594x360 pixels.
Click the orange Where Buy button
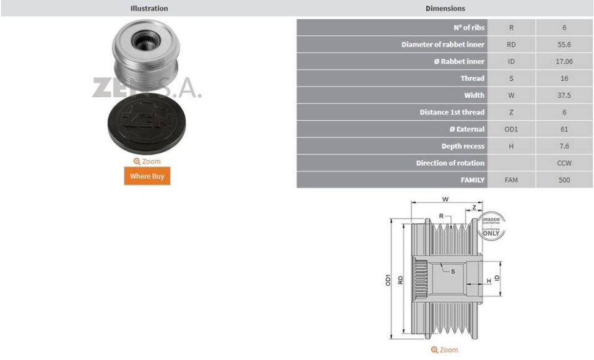[147, 176]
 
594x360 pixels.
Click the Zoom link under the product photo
[147, 161]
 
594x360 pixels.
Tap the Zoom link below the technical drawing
[445, 350]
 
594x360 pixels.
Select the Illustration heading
[148, 8]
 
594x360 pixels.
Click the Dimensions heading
[445, 8]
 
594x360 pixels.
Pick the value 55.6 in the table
[564, 45]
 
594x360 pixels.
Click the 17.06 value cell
[564, 61]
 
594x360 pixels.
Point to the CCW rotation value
[564, 163]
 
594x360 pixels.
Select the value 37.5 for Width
[564, 95]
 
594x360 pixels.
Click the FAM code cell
[511, 180]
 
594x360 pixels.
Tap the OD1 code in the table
[511, 129]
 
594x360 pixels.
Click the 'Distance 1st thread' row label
[452, 112]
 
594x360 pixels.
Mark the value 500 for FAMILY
[564, 180]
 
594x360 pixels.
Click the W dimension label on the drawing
[445, 200]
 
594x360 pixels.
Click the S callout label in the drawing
[453, 271]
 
